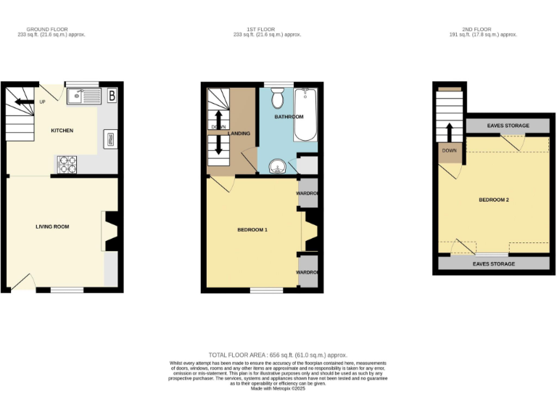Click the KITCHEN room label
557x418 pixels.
click(x=62, y=131)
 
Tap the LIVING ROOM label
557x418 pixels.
click(x=52, y=226)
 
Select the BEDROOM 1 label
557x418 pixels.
click(x=253, y=230)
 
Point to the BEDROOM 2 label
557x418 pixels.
click(x=493, y=200)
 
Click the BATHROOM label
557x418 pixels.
click(x=289, y=117)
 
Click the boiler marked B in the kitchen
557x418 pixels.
click(x=112, y=95)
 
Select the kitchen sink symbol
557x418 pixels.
click(x=84, y=95)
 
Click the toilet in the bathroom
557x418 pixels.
click(x=278, y=98)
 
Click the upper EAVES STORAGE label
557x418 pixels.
click(x=508, y=126)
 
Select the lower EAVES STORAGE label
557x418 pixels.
click(x=493, y=264)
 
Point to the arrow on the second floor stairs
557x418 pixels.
click(x=450, y=133)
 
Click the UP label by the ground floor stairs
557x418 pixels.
click(x=41, y=102)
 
